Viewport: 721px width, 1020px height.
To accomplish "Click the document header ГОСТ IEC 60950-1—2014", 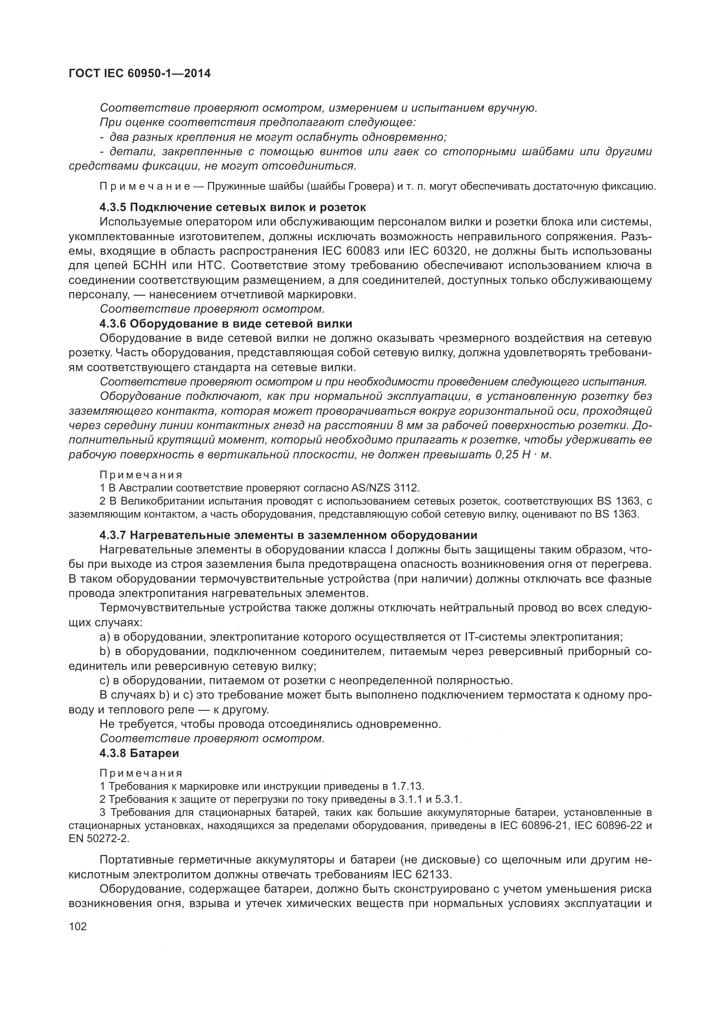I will pos(139,74).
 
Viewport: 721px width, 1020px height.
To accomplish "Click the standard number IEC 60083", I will pos(351,251).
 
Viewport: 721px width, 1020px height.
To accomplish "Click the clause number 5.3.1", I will pos(449,799).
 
